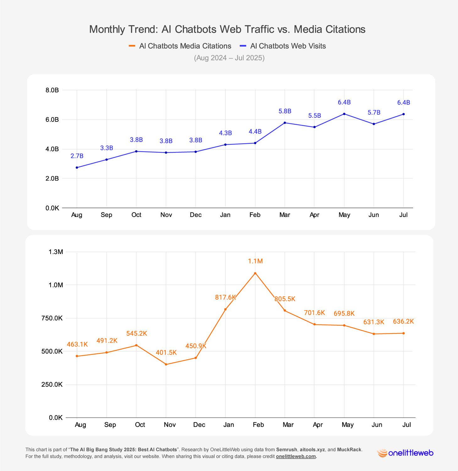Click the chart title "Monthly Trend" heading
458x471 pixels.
pyautogui.click(x=227, y=29)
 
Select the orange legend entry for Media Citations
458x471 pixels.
pyautogui.click(x=180, y=46)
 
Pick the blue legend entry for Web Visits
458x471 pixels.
pyautogui.click(x=283, y=46)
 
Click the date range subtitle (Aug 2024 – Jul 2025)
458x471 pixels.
pyautogui.click(x=229, y=58)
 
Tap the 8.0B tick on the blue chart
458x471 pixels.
pyautogui.click(x=52, y=90)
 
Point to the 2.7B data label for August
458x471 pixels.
pyautogui.click(x=77, y=156)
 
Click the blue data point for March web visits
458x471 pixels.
pyautogui.click(x=285, y=123)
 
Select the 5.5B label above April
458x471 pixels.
pyautogui.click(x=314, y=116)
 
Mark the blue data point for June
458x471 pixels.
pyautogui.click(x=374, y=124)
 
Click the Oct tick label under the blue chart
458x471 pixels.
pyautogui.click(x=136, y=215)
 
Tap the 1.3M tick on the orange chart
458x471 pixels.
pyautogui.click(x=56, y=252)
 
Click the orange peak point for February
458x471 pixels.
pyautogui.click(x=255, y=273)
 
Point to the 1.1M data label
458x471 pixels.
pyautogui.click(x=255, y=261)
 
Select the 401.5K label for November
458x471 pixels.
pyautogui.click(x=166, y=353)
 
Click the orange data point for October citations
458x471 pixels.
pyautogui.click(x=136, y=345)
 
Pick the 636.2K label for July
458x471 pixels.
pyautogui.click(x=403, y=322)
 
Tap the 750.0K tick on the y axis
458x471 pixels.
pyautogui.click(x=52, y=318)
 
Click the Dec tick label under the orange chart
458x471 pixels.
pyautogui.click(x=199, y=425)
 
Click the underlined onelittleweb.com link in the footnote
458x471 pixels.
pyautogui.click(x=296, y=457)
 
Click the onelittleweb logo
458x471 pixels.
pyautogui.click(x=405, y=453)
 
